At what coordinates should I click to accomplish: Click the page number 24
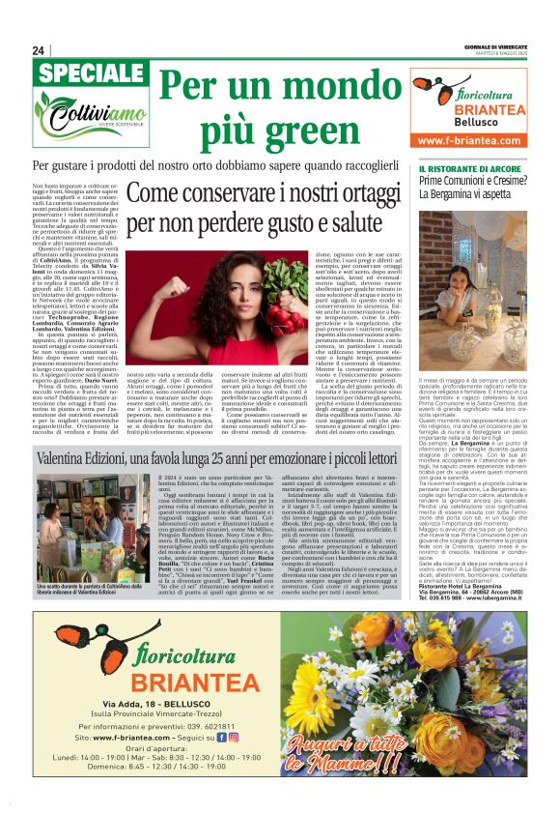[x=39, y=50]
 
